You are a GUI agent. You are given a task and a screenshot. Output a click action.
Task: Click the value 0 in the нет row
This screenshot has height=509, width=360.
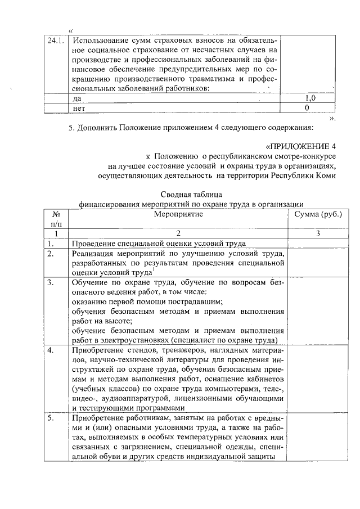tap(307, 107)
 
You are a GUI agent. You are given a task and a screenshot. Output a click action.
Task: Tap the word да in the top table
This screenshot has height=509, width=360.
tap(78, 98)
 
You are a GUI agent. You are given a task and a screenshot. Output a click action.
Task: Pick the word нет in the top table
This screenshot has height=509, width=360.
tap(79, 108)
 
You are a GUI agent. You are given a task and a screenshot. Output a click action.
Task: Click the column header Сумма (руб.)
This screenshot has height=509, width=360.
tap(314, 214)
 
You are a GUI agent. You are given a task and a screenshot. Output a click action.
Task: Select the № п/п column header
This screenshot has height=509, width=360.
tap(56, 219)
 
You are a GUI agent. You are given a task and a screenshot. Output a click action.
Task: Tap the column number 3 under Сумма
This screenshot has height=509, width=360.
tap(314, 233)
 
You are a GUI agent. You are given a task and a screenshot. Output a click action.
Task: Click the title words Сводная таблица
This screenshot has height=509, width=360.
tap(192, 195)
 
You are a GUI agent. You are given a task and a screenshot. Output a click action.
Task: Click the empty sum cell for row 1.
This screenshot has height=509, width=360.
tap(314, 244)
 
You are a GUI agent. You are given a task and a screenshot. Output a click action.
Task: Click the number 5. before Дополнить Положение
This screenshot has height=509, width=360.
tap(71, 127)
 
